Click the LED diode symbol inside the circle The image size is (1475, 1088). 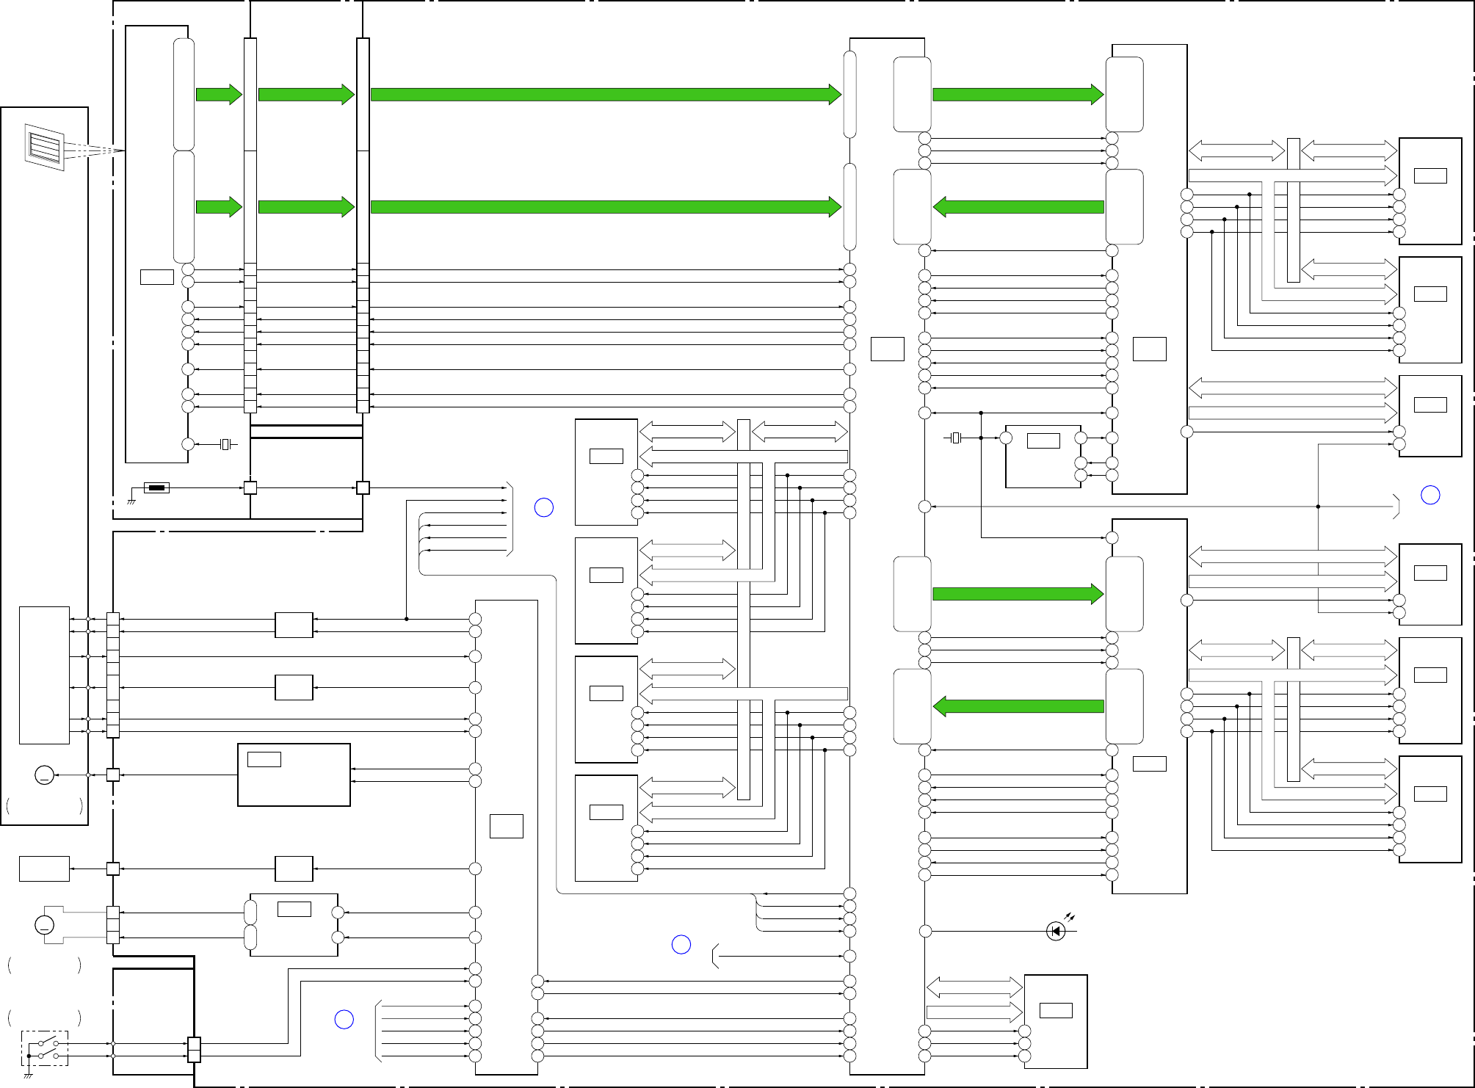click(x=1056, y=932)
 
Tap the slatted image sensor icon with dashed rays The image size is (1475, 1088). click(x=45, y=147)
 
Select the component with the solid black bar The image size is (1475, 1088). click(x=156, y=487)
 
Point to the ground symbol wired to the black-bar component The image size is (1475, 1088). click(x=131, y=501)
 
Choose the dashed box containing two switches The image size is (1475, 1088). click(x=45, y=1048)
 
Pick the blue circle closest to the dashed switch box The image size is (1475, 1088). click(x=344, y=1020)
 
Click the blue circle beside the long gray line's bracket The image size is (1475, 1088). click(x=1430, y=496)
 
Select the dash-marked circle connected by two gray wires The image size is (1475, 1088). click(x=44, y=925)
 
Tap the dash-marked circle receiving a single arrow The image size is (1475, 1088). click(x=44, y=775)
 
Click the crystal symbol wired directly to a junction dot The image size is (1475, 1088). click(x=955, y=438)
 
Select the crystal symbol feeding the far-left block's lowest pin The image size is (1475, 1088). click(x=226, y=444)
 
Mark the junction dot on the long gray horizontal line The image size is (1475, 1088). click(x=1318, y=507)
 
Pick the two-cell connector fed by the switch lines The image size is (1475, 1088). click(x=194, y=1050)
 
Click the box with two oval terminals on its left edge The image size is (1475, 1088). click(x=294, y=925)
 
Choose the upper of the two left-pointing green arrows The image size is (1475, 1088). click(x=1018, y=207)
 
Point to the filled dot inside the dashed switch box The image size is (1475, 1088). click(x=29, y=1056)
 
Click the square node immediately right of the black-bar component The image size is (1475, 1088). click(x=250, y=487)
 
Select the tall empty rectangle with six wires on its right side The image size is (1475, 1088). click(x=44, y=675)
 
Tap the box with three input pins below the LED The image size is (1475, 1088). click(x=1056, y=1022)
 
